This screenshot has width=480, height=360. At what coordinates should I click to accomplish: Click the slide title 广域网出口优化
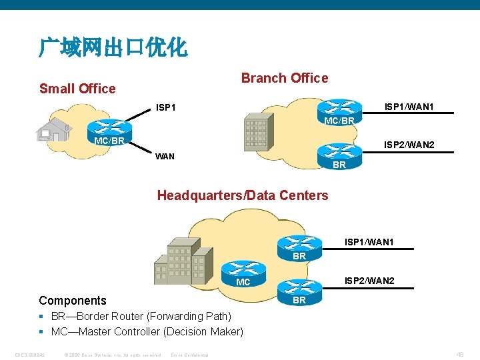coord(113,47)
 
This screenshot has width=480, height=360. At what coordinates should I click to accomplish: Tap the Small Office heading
coord(77,89)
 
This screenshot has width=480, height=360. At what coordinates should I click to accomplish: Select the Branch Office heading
coord(285,78)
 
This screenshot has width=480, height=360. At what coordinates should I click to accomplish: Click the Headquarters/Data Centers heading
coord(243,195)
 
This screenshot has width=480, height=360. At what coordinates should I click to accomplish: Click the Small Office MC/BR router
coord(109,131)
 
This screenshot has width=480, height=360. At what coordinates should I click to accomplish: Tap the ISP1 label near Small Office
coord(165,107)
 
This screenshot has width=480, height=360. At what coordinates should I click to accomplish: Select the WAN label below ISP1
coord(165,157)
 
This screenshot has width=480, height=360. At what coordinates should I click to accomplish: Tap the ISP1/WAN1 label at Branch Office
coord(408,107)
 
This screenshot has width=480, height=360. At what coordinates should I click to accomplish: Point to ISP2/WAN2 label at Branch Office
coord(408,145)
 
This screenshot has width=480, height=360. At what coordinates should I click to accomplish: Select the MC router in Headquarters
coord(243,272)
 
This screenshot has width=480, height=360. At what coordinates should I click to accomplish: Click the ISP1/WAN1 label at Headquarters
coord(369,242)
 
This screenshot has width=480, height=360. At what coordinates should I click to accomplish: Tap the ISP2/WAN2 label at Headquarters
coord(369,281)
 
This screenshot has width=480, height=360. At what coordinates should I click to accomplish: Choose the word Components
coord(73,301)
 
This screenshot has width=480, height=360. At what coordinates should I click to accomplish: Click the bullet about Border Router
coord(141,316)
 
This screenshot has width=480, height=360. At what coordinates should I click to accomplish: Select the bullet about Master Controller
coord(147,331)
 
